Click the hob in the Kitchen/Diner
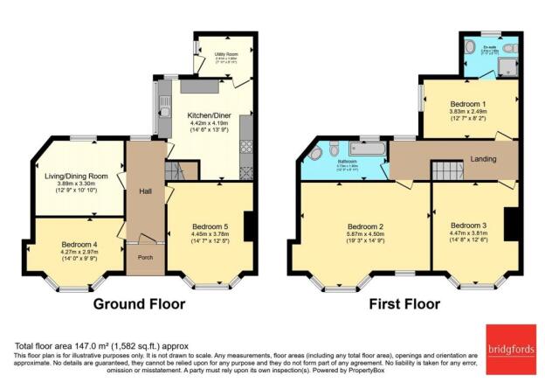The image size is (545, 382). click(245, 131)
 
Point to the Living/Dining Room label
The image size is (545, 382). click(77, 176)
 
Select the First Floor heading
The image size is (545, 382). click(413, 305)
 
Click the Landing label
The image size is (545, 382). click(483, 160)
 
